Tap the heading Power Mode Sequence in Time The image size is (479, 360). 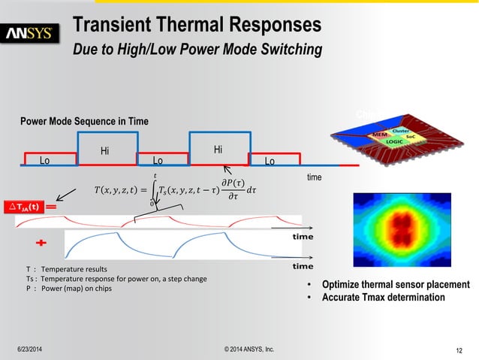[84, 121]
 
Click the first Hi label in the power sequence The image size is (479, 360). [105, 151]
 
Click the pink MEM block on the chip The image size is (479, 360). [381, 135]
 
